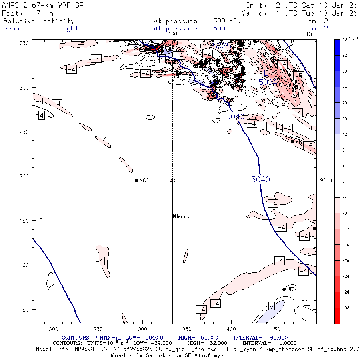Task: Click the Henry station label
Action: coord(182,216)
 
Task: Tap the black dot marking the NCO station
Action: coord(137,180)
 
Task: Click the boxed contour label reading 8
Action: coord(272,306)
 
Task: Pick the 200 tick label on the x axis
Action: coord(53,329)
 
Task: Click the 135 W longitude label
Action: coord(313,34)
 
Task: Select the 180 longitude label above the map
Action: coord(173,34)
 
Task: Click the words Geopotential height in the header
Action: coord(41,28)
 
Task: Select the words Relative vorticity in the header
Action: coord(39,21)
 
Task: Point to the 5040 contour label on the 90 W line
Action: coord(260,180)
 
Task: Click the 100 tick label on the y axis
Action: coord(24,265)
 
